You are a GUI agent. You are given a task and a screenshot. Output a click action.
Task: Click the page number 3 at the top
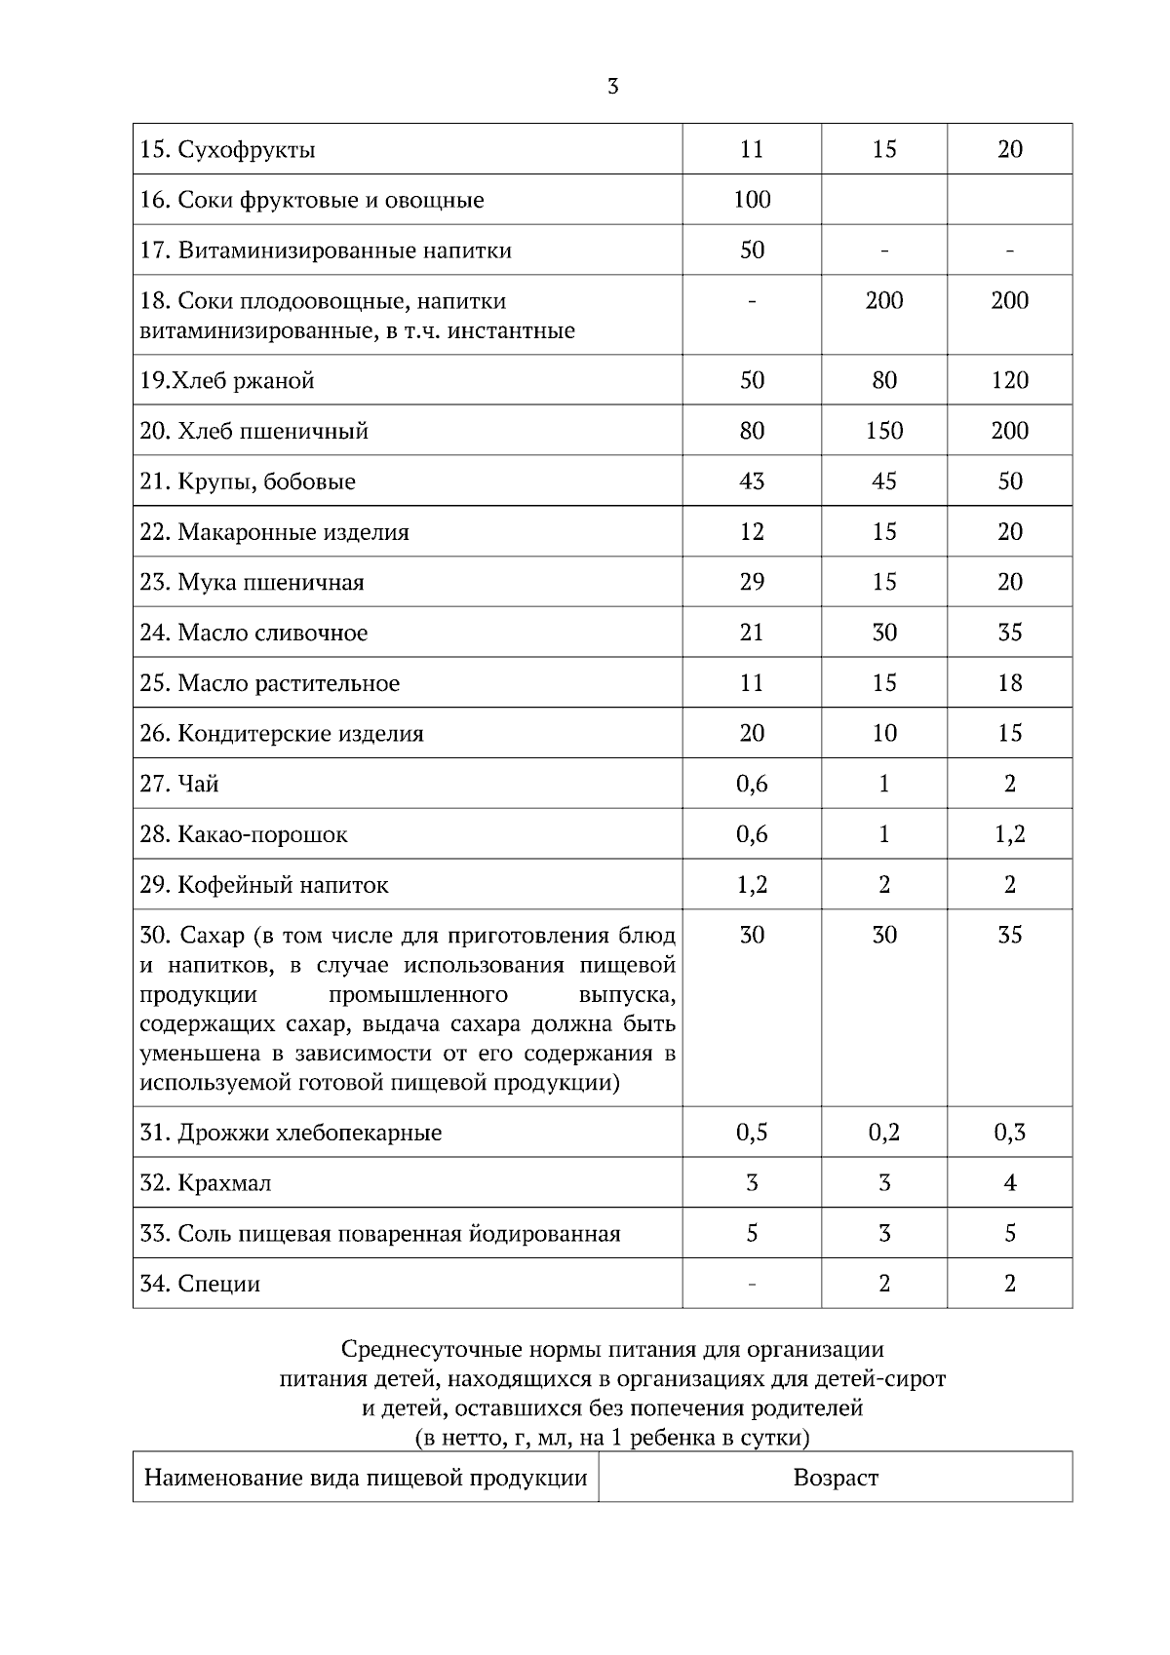(x=612, y=87)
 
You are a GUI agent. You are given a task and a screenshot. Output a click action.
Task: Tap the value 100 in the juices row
(x=752, y=200)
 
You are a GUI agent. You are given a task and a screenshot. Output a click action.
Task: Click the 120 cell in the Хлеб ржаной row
(x=1009, y=380)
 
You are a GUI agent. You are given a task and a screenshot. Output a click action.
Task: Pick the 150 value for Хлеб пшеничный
(x=883, y=431)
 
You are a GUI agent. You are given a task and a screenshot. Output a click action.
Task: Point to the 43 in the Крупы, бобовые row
(x=752, y=481)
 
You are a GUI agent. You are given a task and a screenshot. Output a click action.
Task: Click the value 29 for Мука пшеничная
(x=752, y=582)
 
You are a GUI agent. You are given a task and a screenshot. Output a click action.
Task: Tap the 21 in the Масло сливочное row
(x=752, y=633)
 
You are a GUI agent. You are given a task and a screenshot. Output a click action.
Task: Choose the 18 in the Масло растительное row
(x=1009, y=683)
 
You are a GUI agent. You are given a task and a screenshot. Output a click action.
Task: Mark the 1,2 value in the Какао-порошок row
(x=1009, y=834)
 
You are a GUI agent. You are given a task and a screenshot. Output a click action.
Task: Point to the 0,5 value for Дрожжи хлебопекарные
(x=752, y=1133)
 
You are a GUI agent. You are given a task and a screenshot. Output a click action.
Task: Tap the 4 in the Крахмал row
(x=1009, y=1183)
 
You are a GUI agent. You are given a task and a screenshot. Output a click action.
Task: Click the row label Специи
(x=201, y=1284)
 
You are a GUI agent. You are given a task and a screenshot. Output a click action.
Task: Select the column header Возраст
(x=836, y=1478)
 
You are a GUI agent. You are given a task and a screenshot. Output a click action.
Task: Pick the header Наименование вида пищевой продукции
(x=366, y=1478)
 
